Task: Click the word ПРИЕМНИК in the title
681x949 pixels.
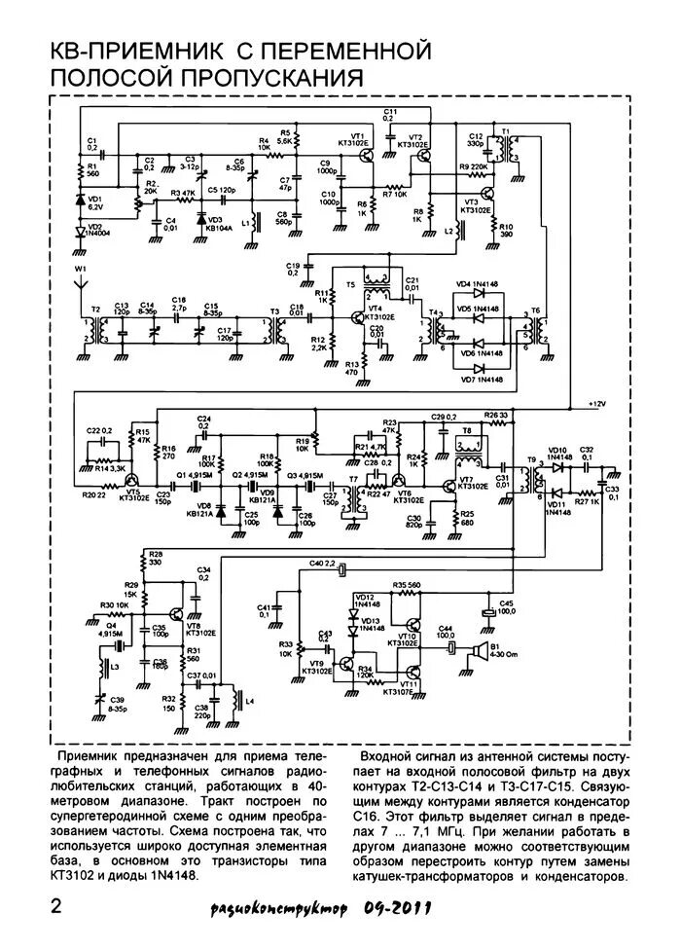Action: pyautogui.click(x=150, y=49)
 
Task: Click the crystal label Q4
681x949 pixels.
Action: pyautogui.click(x=110, y=626)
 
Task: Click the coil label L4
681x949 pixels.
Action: pyautogui.click(x=250, y=700)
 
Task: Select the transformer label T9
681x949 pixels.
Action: pyautogui.click(x=531, y=458)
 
